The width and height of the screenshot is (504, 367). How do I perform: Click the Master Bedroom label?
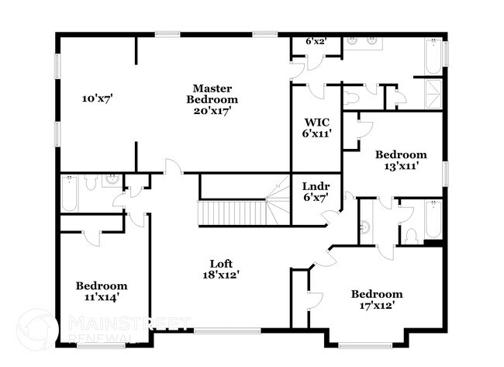[212, 94]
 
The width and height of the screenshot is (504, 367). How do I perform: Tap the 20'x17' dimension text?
[212, 110]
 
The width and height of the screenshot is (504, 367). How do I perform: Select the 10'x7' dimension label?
[98, 99]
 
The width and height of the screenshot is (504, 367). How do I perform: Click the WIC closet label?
[316, 122]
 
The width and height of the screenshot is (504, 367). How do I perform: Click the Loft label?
[221, 263]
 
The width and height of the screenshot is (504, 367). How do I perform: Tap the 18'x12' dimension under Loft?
[221, 274]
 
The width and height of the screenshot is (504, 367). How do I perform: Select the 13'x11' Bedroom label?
[400, 154]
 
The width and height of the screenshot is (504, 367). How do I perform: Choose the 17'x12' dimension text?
[377, 305]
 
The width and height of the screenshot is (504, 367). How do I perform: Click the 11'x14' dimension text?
[101, 296]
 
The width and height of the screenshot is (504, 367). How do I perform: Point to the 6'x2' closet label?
[314, 41]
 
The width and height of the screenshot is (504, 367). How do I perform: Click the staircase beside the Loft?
[233, 211]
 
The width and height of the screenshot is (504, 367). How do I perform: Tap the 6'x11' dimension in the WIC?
[316, 133]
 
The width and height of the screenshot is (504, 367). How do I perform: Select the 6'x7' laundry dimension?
[316, 197]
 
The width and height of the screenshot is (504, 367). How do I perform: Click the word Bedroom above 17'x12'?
[377, 294]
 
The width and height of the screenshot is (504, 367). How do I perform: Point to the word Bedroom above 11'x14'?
[101, 286]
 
